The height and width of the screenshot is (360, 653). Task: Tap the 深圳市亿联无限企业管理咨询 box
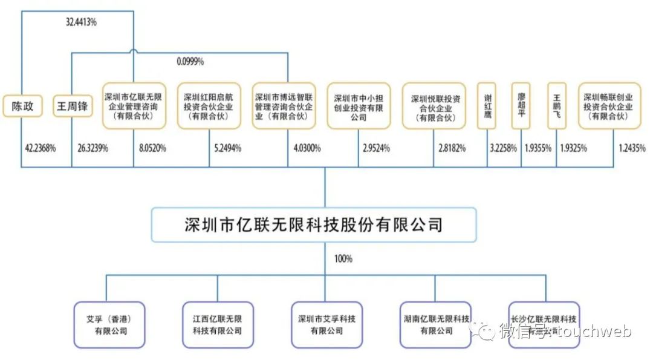click(133, 106)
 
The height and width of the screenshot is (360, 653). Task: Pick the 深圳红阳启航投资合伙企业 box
click(209, 106)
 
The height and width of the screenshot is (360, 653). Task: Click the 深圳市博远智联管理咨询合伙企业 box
click(284, 106)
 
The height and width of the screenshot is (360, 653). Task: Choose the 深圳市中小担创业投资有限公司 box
click(359, 106)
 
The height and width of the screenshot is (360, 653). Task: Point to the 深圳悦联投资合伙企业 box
click(434, 106)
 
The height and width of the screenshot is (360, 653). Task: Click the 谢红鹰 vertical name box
click(487, 106)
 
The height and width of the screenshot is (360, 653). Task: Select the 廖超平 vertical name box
click(521, 106)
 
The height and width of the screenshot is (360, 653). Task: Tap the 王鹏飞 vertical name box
click(556, 106)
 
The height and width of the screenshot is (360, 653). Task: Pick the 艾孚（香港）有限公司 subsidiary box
click(109, 325)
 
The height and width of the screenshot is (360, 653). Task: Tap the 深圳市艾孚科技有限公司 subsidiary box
click(326, 325)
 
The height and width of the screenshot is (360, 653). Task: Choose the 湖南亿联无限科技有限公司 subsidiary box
click(435, 325)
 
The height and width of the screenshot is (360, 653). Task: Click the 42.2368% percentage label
click(41, 146)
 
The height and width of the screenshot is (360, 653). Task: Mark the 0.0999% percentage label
click(190, 61)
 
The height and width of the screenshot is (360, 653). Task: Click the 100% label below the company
click(343, 259)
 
